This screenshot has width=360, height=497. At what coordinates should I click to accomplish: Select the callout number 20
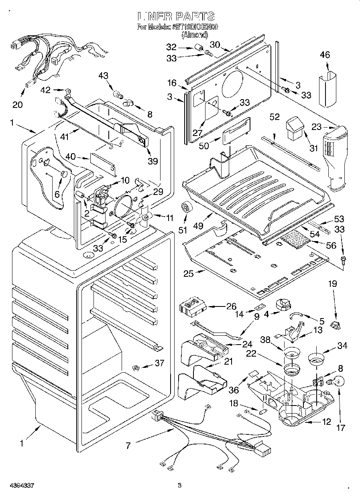click(x=18, y=105)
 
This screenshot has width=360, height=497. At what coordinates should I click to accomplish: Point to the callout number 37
click(x=159, y=363)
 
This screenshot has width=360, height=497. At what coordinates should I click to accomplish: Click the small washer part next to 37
click(x=136, y=367)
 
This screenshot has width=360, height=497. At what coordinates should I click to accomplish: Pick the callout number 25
click(x=189, y=274)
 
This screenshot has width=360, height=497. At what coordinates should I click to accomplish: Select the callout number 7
click(x=128, y=446)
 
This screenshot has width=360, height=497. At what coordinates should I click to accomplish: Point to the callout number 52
click(x=275, y=117)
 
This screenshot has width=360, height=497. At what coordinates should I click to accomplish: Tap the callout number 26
click(x=220, y=307)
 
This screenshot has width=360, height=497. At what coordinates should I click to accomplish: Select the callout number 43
click(x=103, y=75)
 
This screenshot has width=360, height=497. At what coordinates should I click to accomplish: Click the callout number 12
click(x=326, y=422)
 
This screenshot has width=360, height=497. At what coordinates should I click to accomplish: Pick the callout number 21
click(x=228, y=361)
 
